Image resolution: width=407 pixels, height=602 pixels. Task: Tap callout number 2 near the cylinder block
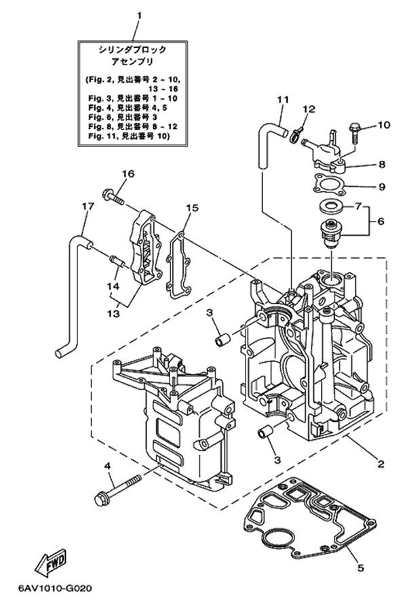[x=381, y=464]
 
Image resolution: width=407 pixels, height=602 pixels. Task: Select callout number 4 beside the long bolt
[x=107, y=466]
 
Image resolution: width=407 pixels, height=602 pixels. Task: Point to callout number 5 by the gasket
[x=361, y=568]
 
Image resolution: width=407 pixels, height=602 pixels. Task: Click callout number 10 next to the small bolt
[x=384, y=125]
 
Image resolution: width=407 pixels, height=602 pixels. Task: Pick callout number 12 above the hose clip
[x=309, y=109]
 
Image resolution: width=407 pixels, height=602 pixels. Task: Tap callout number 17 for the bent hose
[x=86, y=206]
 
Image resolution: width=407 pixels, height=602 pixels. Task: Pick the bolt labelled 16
[x=113, y=197]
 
